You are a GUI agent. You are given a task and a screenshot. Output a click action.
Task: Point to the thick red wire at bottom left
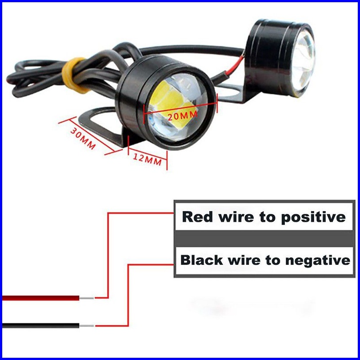click(x=40, y=297)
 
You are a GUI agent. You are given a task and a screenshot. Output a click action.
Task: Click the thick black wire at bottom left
click(x=40, y=325)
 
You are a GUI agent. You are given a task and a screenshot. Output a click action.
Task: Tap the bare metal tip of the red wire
click(x=87, y=297)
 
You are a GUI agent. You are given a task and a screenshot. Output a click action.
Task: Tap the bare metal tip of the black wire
click(x=87, y=326)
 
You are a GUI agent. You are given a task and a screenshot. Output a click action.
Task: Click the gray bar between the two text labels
click(x=264, y=239)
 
